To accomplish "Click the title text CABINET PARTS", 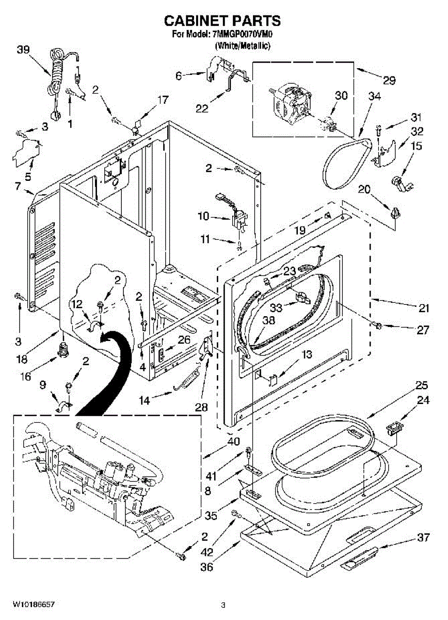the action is pyautogui.click(x=222, y=21).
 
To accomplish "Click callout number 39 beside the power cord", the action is pyautogui.click(x=23, y=50).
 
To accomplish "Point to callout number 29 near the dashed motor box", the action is pyautogui.click(x=389, y=80).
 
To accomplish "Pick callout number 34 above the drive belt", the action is pyautogui.click(x=374, y=96).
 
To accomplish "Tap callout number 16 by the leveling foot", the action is pyautogui.click(x=26, y=377).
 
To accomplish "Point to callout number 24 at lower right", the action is pyautogui.click(x=423, y=400).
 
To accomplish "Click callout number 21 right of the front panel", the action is pyautogui.click(x=423, y=308).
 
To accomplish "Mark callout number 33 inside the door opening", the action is pyautogui.click(x=276, y=307).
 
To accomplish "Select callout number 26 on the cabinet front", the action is pyautogui.click(x=184, y=339).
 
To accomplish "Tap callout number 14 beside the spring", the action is pyautogui.click(x=145, y=400).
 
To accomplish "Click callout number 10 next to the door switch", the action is pyautogui.click(x=203, y=215).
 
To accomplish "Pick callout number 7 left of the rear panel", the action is pyautogui.click(x=18, y=186).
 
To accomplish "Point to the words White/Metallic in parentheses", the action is pyautogui.click(x=243, y=45).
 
